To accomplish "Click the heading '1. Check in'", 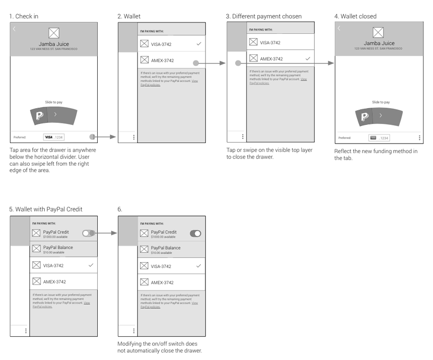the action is pos(24,16).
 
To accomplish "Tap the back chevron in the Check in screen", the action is pos(14,29).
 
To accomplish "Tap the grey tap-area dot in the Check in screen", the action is pos(92,137).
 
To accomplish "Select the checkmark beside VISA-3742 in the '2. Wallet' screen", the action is pos(199,44).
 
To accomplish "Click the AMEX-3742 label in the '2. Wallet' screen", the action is pos(162,61).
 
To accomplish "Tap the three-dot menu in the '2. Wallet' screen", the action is pos(133,137).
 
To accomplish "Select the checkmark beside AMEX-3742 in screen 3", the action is pos(308,59).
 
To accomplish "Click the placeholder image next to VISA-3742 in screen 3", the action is pos(253,43).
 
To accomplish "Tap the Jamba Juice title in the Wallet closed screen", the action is pos(378,43).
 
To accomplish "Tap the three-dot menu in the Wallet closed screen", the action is pos(419,138).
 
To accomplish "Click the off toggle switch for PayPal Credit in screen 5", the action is pos(89,233).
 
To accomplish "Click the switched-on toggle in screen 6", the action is pos(195,234).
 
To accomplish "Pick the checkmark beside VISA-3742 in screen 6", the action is pos(199,266).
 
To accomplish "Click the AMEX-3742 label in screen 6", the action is pos(162,282).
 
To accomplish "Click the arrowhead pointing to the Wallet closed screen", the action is pos(331,63).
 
